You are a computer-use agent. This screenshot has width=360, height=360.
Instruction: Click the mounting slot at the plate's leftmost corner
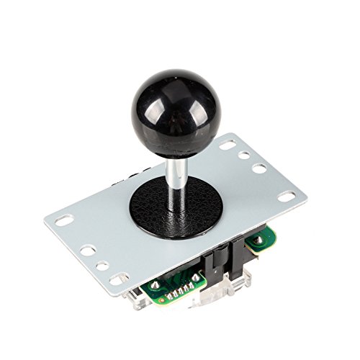pos(65,220)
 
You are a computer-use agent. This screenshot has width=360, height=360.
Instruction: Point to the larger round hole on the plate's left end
pos(88,251)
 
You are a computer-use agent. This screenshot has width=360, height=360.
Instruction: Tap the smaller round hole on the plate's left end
pos(102,265)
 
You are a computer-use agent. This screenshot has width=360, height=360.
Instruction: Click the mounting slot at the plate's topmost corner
pos(228,145)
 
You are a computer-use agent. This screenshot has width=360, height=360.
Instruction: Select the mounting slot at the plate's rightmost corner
pos(286,196)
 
